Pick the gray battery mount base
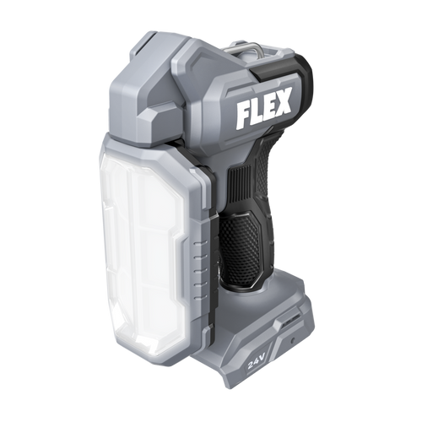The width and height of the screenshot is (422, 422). click(253, 338)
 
